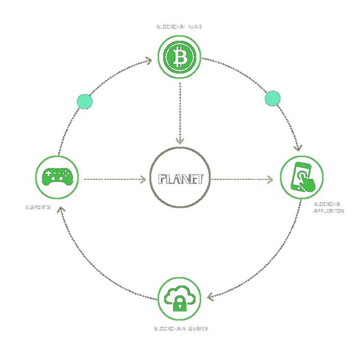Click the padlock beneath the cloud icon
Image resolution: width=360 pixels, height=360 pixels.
point(179,305)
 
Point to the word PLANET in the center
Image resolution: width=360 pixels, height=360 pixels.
point(180,179)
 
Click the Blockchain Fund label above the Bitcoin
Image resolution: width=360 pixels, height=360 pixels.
point(179,26)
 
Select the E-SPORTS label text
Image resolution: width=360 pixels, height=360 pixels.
point(39,207)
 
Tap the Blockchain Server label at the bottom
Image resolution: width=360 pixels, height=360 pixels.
point(181,327)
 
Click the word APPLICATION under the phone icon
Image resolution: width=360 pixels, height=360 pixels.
point(328,211)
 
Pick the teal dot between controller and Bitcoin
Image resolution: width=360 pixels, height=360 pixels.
point(84,101)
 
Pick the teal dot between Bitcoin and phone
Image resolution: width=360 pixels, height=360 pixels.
point(272,98)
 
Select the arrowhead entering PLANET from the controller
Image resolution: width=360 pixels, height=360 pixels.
point(142,180)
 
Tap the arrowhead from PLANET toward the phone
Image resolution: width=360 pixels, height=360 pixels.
point(270,180)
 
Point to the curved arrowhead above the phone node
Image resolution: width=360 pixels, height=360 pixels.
point(298,147)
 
